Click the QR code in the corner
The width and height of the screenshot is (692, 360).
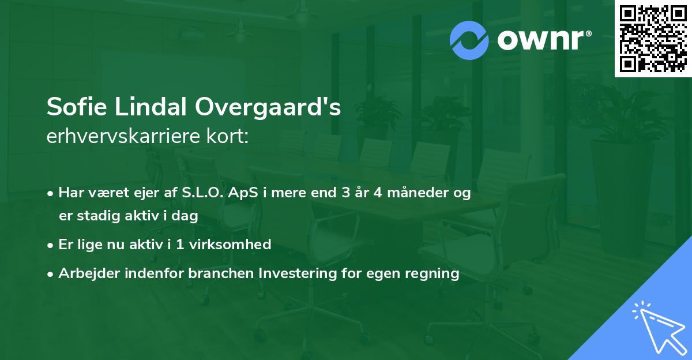pyautogui.click(x=653, y=39)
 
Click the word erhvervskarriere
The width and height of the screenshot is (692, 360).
pyautogui.click(x=127, y=137)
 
